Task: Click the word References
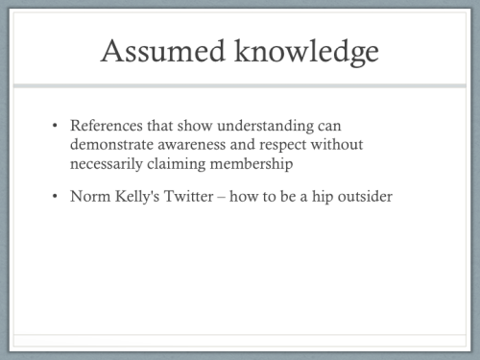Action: tap(108, 127)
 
